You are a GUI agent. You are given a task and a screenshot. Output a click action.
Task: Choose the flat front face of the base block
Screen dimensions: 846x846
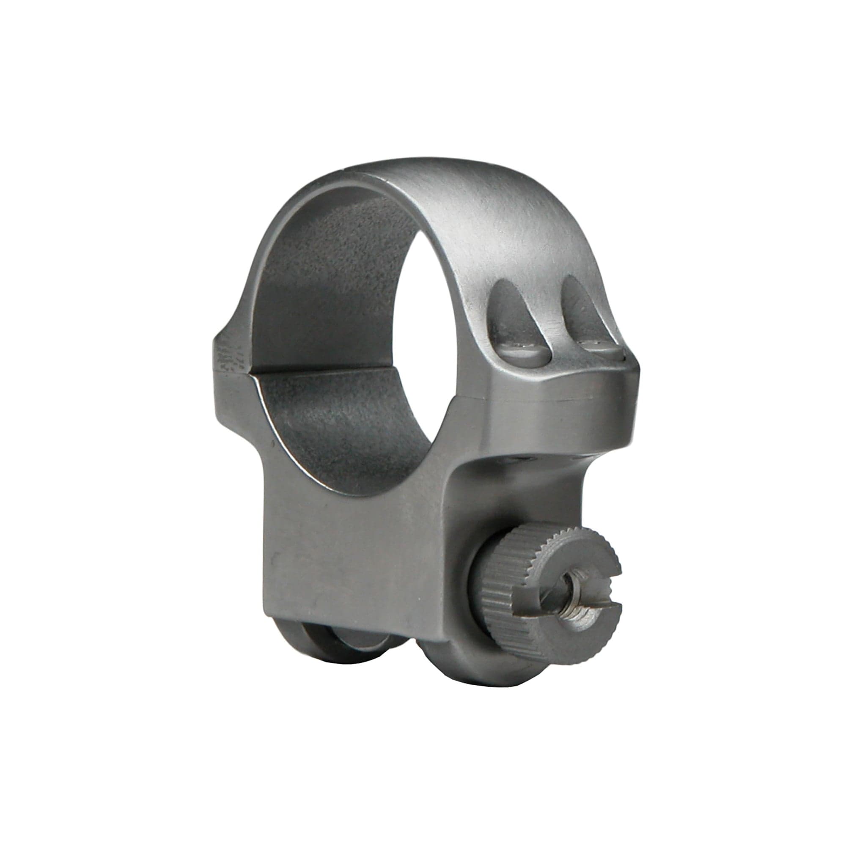point(350,560)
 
